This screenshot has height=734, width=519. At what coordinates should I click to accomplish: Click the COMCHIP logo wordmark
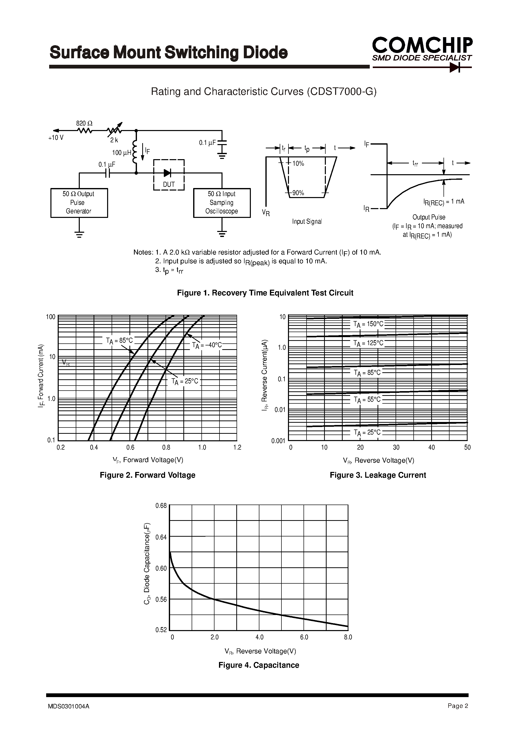point(422,45)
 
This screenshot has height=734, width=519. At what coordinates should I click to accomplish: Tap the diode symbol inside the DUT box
point(167,173)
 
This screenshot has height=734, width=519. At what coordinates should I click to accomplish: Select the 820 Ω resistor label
point(84,124)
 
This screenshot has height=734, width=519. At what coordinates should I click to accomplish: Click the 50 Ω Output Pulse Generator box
point(79,203)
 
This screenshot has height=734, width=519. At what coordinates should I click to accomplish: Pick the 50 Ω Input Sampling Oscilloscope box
point(222,203)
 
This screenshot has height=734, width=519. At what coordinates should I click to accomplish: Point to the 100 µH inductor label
point(121,153)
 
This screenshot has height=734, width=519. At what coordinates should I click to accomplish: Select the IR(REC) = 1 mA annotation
point(444,202)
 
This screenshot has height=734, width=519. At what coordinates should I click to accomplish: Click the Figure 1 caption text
point(265,293)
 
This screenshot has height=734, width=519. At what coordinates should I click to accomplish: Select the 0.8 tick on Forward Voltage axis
point(166,447)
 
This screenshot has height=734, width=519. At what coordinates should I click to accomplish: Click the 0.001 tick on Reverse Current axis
point(278,441)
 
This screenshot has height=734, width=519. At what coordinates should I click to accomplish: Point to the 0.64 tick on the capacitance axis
point(161,537)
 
